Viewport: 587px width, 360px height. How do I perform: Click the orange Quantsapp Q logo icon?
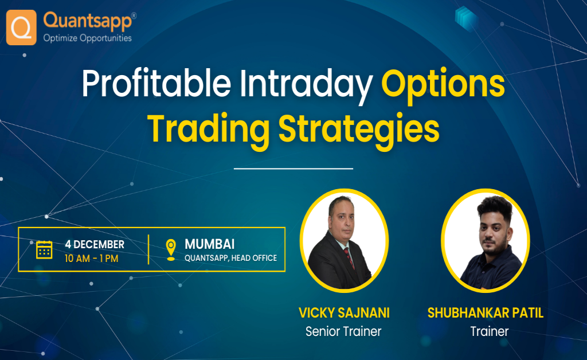click(21, 27)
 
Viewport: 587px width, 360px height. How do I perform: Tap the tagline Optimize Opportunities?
click(87, 38)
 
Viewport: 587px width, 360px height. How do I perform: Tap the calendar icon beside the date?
click(44, 250)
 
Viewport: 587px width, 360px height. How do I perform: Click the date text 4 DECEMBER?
click(95, 244)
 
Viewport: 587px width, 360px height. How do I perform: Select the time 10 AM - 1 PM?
click(91, 258)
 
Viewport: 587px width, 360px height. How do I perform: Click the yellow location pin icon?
click(170, 250)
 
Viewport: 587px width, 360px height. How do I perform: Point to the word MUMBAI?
click(209, 244)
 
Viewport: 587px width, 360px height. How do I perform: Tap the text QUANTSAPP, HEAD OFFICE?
click(230, 258)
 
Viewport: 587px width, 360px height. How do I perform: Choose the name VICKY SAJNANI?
click(344, 313)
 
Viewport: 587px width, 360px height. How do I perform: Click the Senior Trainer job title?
click(343, 331)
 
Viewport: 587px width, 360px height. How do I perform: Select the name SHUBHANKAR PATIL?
click(486, 313)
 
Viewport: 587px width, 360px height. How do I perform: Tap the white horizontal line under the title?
click(293, 169)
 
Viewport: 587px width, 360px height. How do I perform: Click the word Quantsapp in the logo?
click(87, 21)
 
